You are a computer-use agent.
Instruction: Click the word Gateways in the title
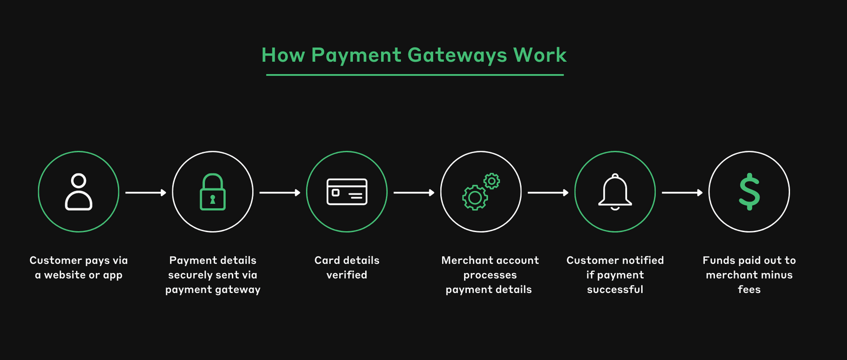click(x=457, y=55)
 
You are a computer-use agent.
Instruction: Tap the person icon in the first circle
click(x=79, y=192)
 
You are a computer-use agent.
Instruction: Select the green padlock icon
click(x=213, y=192)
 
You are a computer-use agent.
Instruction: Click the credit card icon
click(x=347, y=192)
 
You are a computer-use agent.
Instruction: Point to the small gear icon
click(x=492, y=181)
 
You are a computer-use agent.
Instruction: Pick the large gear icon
click(x=475, y=198)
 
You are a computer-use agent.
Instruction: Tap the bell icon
click(x=615, y=192)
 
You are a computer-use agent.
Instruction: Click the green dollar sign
click(x=749, y=192)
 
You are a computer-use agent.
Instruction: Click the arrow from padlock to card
click(x=280, y=193)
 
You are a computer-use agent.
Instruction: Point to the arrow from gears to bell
click(x=548, y=193)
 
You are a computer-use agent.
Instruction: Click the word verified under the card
click(x=347, y=275)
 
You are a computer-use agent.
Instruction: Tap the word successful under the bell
click(x=615, y=289)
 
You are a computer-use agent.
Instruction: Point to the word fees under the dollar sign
click(x=749, y=289)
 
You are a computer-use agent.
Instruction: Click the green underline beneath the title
click(x=415, y=75)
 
